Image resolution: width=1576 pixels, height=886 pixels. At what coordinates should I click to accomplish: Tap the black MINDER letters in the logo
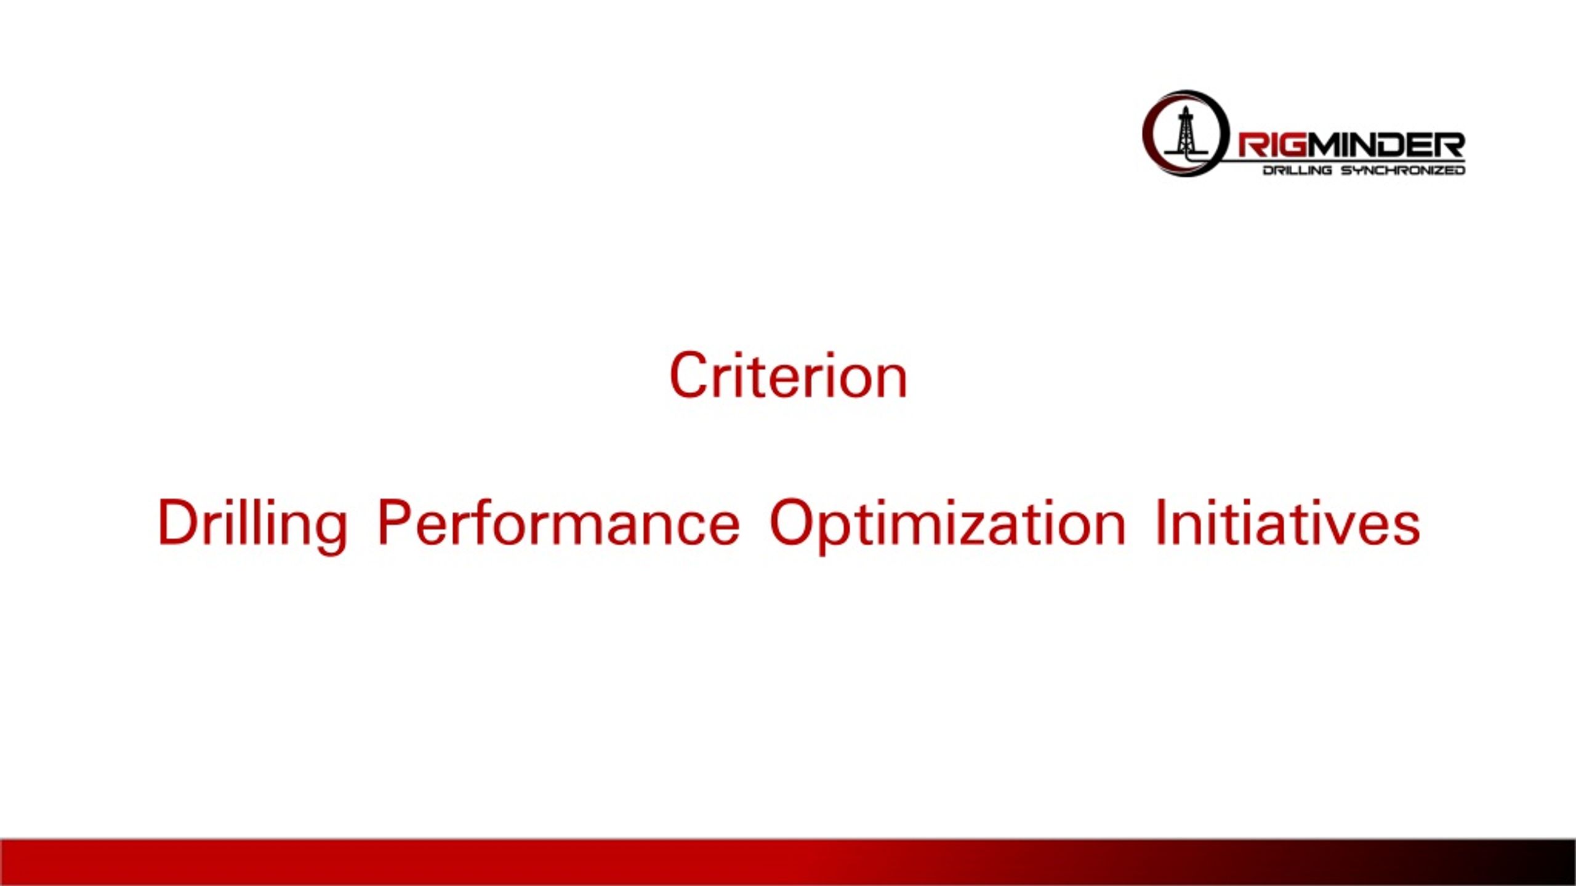1385,146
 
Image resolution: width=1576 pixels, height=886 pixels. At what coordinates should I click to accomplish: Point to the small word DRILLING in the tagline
1297,170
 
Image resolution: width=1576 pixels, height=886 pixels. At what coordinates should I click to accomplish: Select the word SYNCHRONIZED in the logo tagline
1403,170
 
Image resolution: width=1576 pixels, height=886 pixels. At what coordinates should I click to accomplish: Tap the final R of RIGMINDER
1450,146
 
